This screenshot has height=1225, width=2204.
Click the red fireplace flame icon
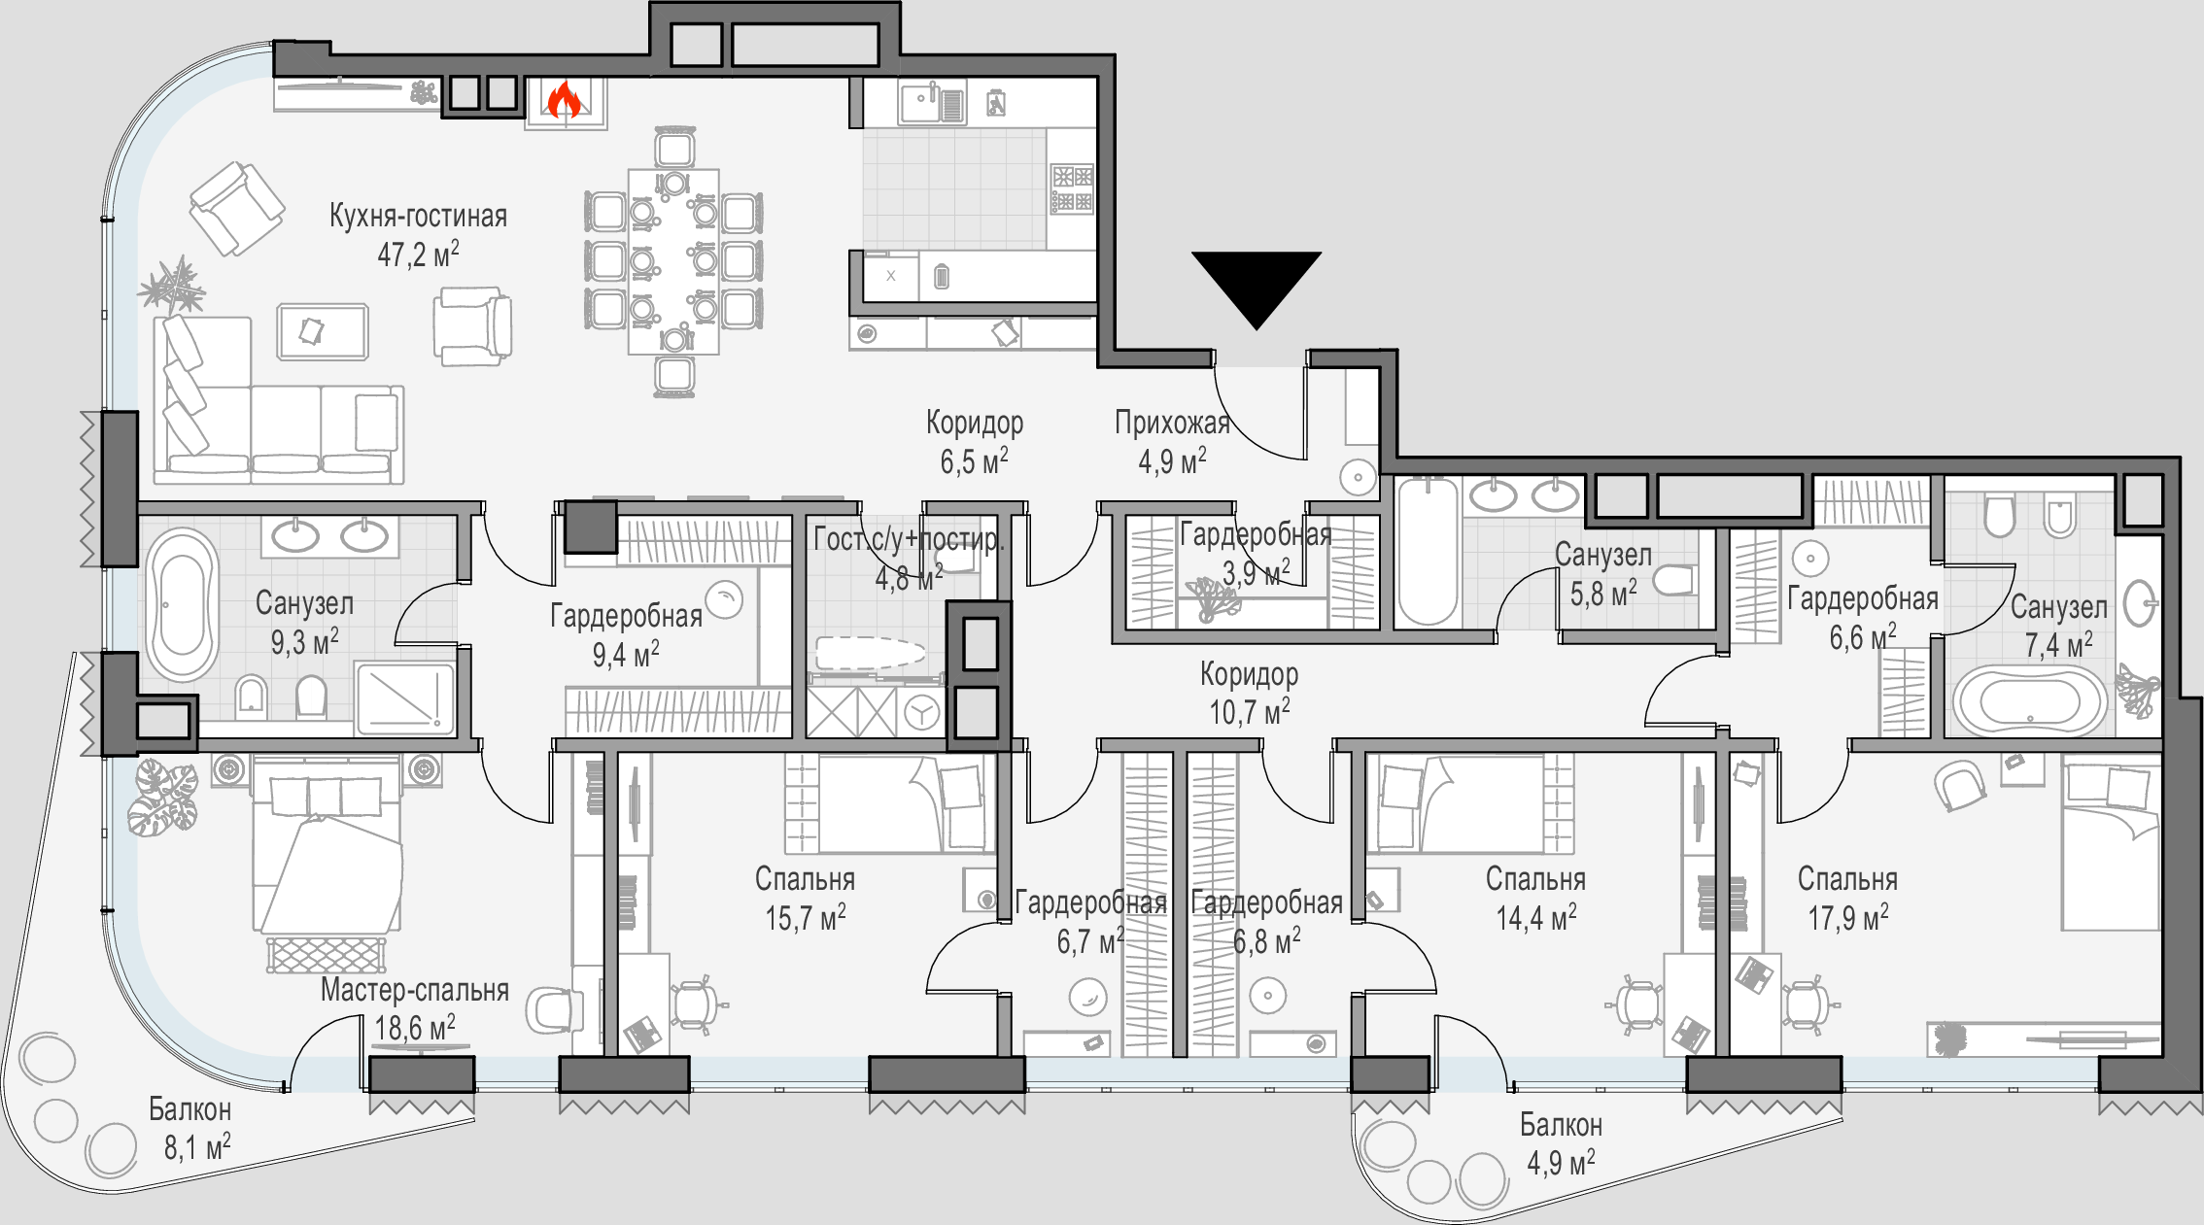(x=564, y=99)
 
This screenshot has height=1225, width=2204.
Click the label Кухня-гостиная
(x=418, y=216)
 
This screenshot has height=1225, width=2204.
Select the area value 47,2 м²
(x=418, y=255)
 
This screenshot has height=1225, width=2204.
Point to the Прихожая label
(x=1172, y=423)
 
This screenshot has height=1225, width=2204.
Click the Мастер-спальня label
(x=415, y=990)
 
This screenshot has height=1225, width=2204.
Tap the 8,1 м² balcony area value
(x=197, y=1147)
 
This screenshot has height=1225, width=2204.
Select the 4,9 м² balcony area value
(x=1561, y=1163)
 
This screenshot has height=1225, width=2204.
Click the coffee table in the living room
(x=323, y=331)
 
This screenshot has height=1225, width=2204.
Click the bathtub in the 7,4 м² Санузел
(x=2030, y=700)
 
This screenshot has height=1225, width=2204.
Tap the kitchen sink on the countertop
(x=932, y=102)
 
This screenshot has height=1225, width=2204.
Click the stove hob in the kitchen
(x=1072, y=188)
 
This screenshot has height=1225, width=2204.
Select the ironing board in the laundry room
(x=871, y=654)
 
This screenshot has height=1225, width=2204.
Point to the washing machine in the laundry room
(x=920, y=712)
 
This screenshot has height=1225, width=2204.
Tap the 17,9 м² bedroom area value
(x=1848, y=918)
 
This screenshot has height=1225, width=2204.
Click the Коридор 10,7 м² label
(x=1249, y=693)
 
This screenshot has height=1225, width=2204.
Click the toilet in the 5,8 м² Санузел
(x=1673, y=581)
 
